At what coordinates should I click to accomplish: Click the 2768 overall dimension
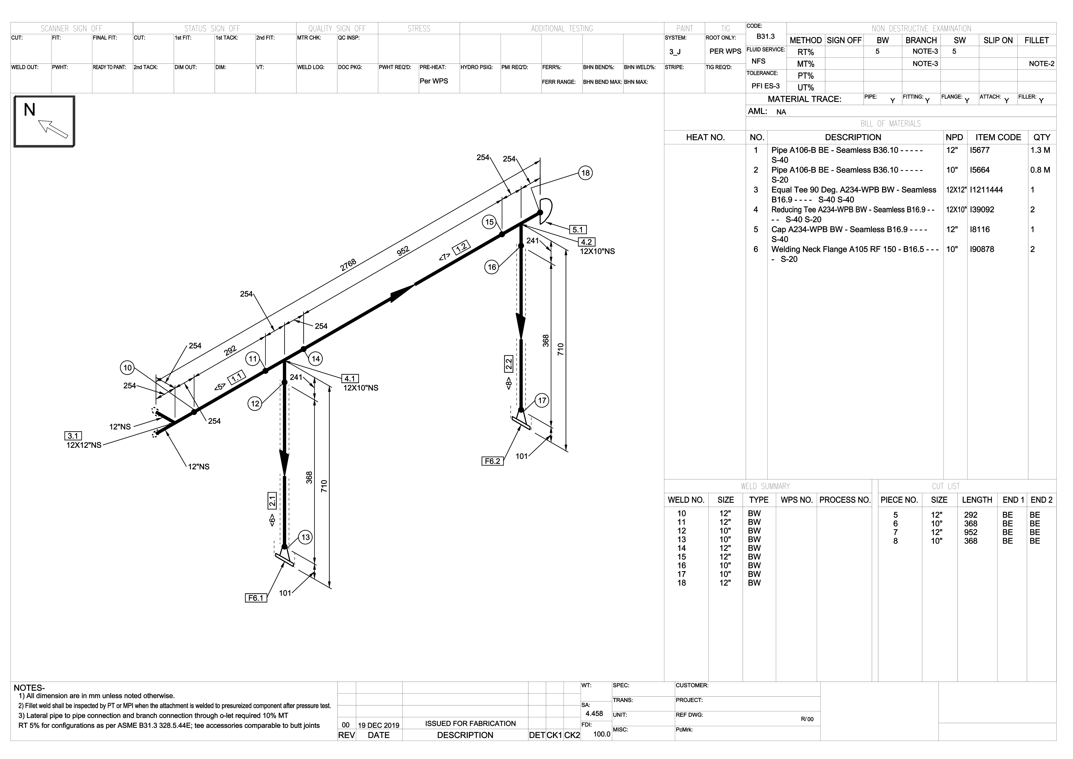click(348, 265)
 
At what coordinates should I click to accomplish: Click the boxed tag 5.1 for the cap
click(578, 230)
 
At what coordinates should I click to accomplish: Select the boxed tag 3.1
click(73, 436)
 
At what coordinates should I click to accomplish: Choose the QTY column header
click(1042, 137)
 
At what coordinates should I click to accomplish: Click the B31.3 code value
click(766, 37)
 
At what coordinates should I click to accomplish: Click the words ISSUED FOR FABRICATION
click(470, 724)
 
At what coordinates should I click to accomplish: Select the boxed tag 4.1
click(350, 379)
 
